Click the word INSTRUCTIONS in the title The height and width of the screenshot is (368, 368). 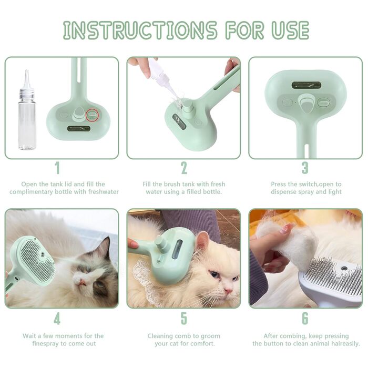140,30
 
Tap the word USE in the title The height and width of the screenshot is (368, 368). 290,30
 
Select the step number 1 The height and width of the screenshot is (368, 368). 57,168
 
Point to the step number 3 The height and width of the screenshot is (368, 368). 304,168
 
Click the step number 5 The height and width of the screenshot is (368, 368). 184,319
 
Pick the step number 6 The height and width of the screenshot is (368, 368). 305,319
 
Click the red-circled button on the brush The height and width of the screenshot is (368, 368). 92,115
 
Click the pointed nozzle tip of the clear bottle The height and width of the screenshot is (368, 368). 26,70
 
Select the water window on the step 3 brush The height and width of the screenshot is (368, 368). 306,85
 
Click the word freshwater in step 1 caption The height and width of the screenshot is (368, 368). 103,192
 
